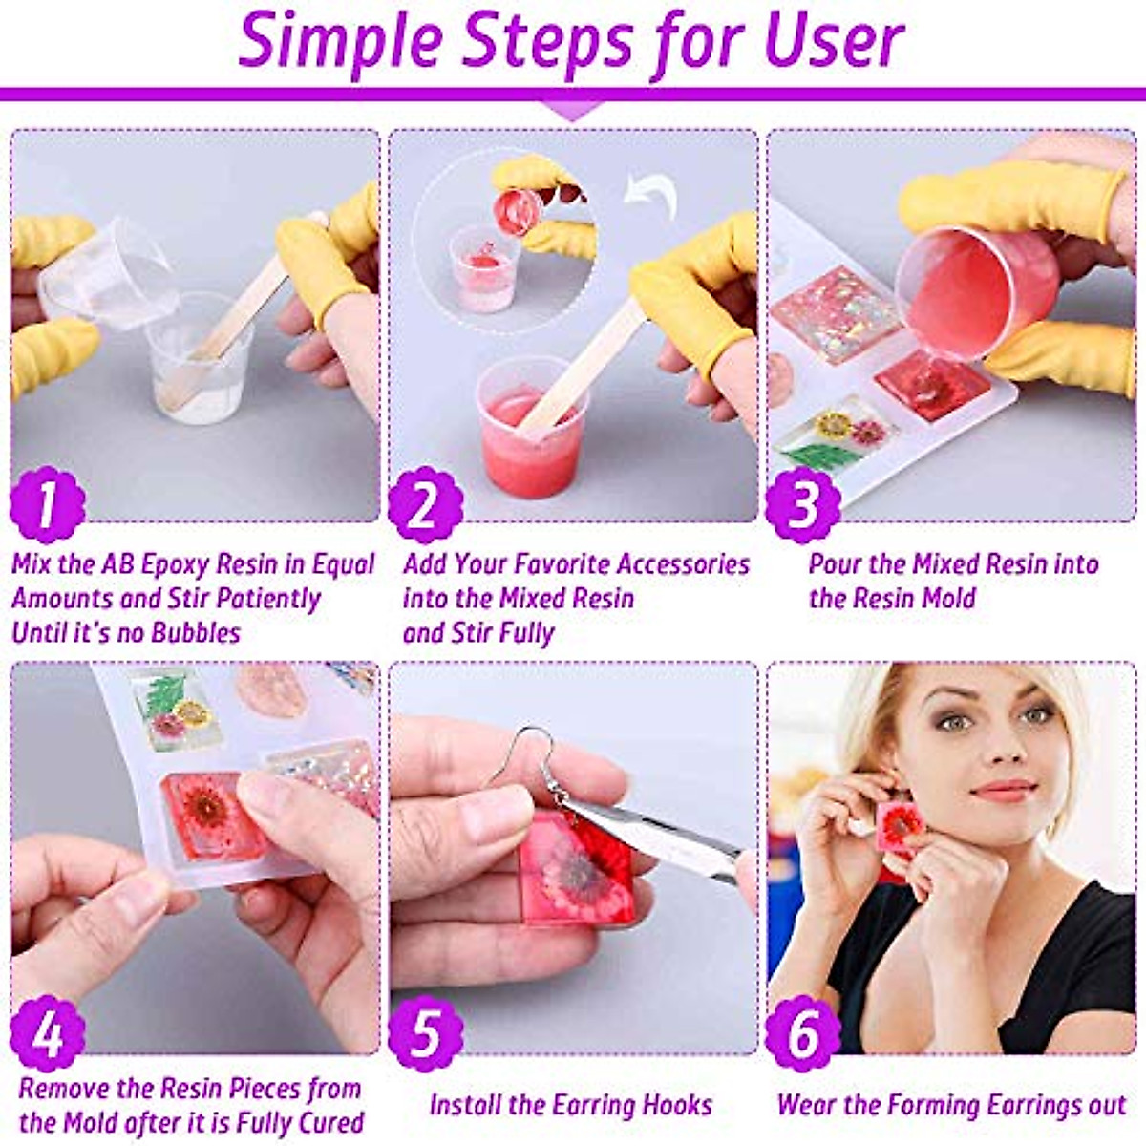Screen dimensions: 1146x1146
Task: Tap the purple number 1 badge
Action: coord(47,504)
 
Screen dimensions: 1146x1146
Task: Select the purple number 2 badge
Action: coord(425,504)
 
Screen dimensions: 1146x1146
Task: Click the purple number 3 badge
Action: coord(803,504)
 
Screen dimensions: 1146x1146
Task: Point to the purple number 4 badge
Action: coord(47,1033)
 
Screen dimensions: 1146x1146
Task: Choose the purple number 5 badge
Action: coord(425,1033)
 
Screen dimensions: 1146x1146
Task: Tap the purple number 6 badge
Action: coord(803,1033)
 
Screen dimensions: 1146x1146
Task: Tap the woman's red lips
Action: coord(1004,791)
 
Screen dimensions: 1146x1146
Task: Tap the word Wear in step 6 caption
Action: coord(805,1105)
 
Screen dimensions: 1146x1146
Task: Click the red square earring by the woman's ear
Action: coord(901,824)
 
